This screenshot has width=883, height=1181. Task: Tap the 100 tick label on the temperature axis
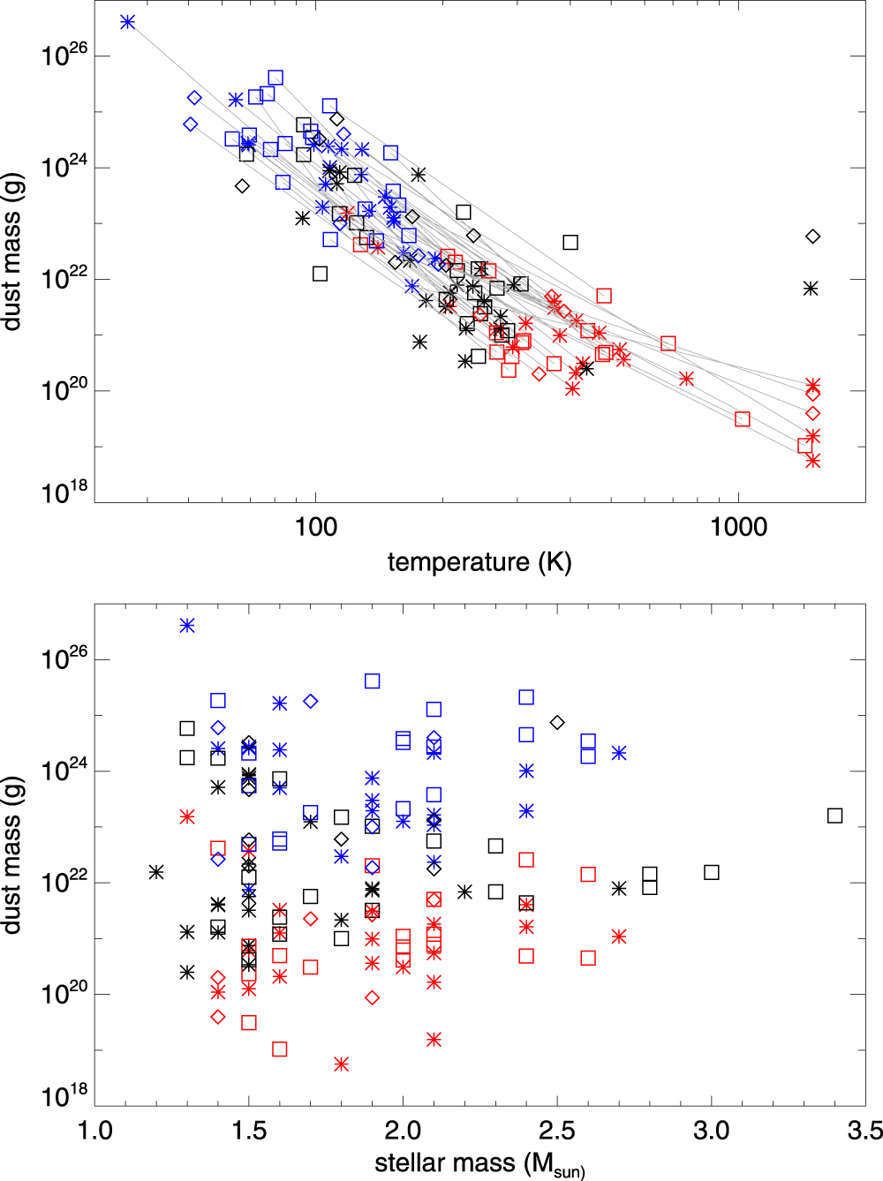click(316, 527)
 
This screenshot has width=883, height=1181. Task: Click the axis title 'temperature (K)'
click(479, 562)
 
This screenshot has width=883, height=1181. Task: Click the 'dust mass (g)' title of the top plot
click(11, 252)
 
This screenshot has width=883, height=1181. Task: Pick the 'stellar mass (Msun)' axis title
click(479, 1163)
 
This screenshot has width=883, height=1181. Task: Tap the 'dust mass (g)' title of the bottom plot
click(11, 855)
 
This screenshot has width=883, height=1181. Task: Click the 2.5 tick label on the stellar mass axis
click(557, 1131)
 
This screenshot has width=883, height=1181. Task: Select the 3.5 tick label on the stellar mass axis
click(864, 1131)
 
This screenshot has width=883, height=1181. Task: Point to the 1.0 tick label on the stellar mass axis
click(95, 1131)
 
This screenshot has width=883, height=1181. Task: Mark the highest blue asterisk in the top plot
click(127, 21)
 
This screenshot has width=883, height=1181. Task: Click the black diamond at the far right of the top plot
click(812, 237)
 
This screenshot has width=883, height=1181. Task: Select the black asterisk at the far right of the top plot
click(811, 289)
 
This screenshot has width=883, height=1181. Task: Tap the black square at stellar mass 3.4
click(834, 816)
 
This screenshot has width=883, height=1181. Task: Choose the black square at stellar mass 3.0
click(712, 872)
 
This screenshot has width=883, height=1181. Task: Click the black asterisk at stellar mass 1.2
click(156, 872)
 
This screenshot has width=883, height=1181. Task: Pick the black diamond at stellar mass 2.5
click(557, 722)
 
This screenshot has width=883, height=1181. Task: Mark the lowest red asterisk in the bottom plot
click(341, 1064)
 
